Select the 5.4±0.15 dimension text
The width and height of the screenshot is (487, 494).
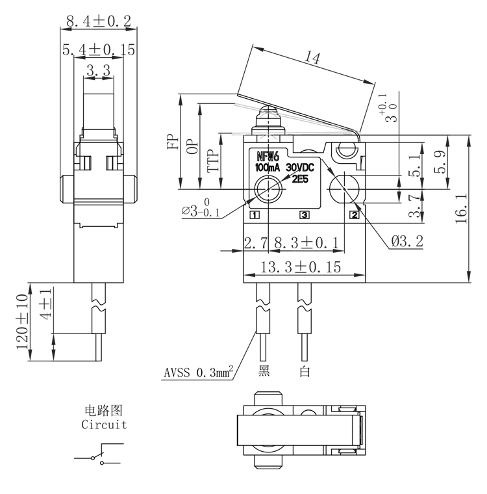(98, 49)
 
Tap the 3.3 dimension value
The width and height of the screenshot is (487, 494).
(98, 71)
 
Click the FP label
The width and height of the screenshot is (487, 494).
(173, 142)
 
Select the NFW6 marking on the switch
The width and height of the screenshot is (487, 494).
(268, 156)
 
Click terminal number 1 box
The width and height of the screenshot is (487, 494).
(255, 214)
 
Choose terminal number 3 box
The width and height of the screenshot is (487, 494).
(304, 214)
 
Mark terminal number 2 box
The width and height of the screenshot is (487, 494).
(355, 214)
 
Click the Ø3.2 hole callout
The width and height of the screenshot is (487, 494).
(407, 242)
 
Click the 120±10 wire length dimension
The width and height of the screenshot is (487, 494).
(22, 322)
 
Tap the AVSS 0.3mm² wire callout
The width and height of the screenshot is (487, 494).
(197, 374)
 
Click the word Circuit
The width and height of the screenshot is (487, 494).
(104, 425)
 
